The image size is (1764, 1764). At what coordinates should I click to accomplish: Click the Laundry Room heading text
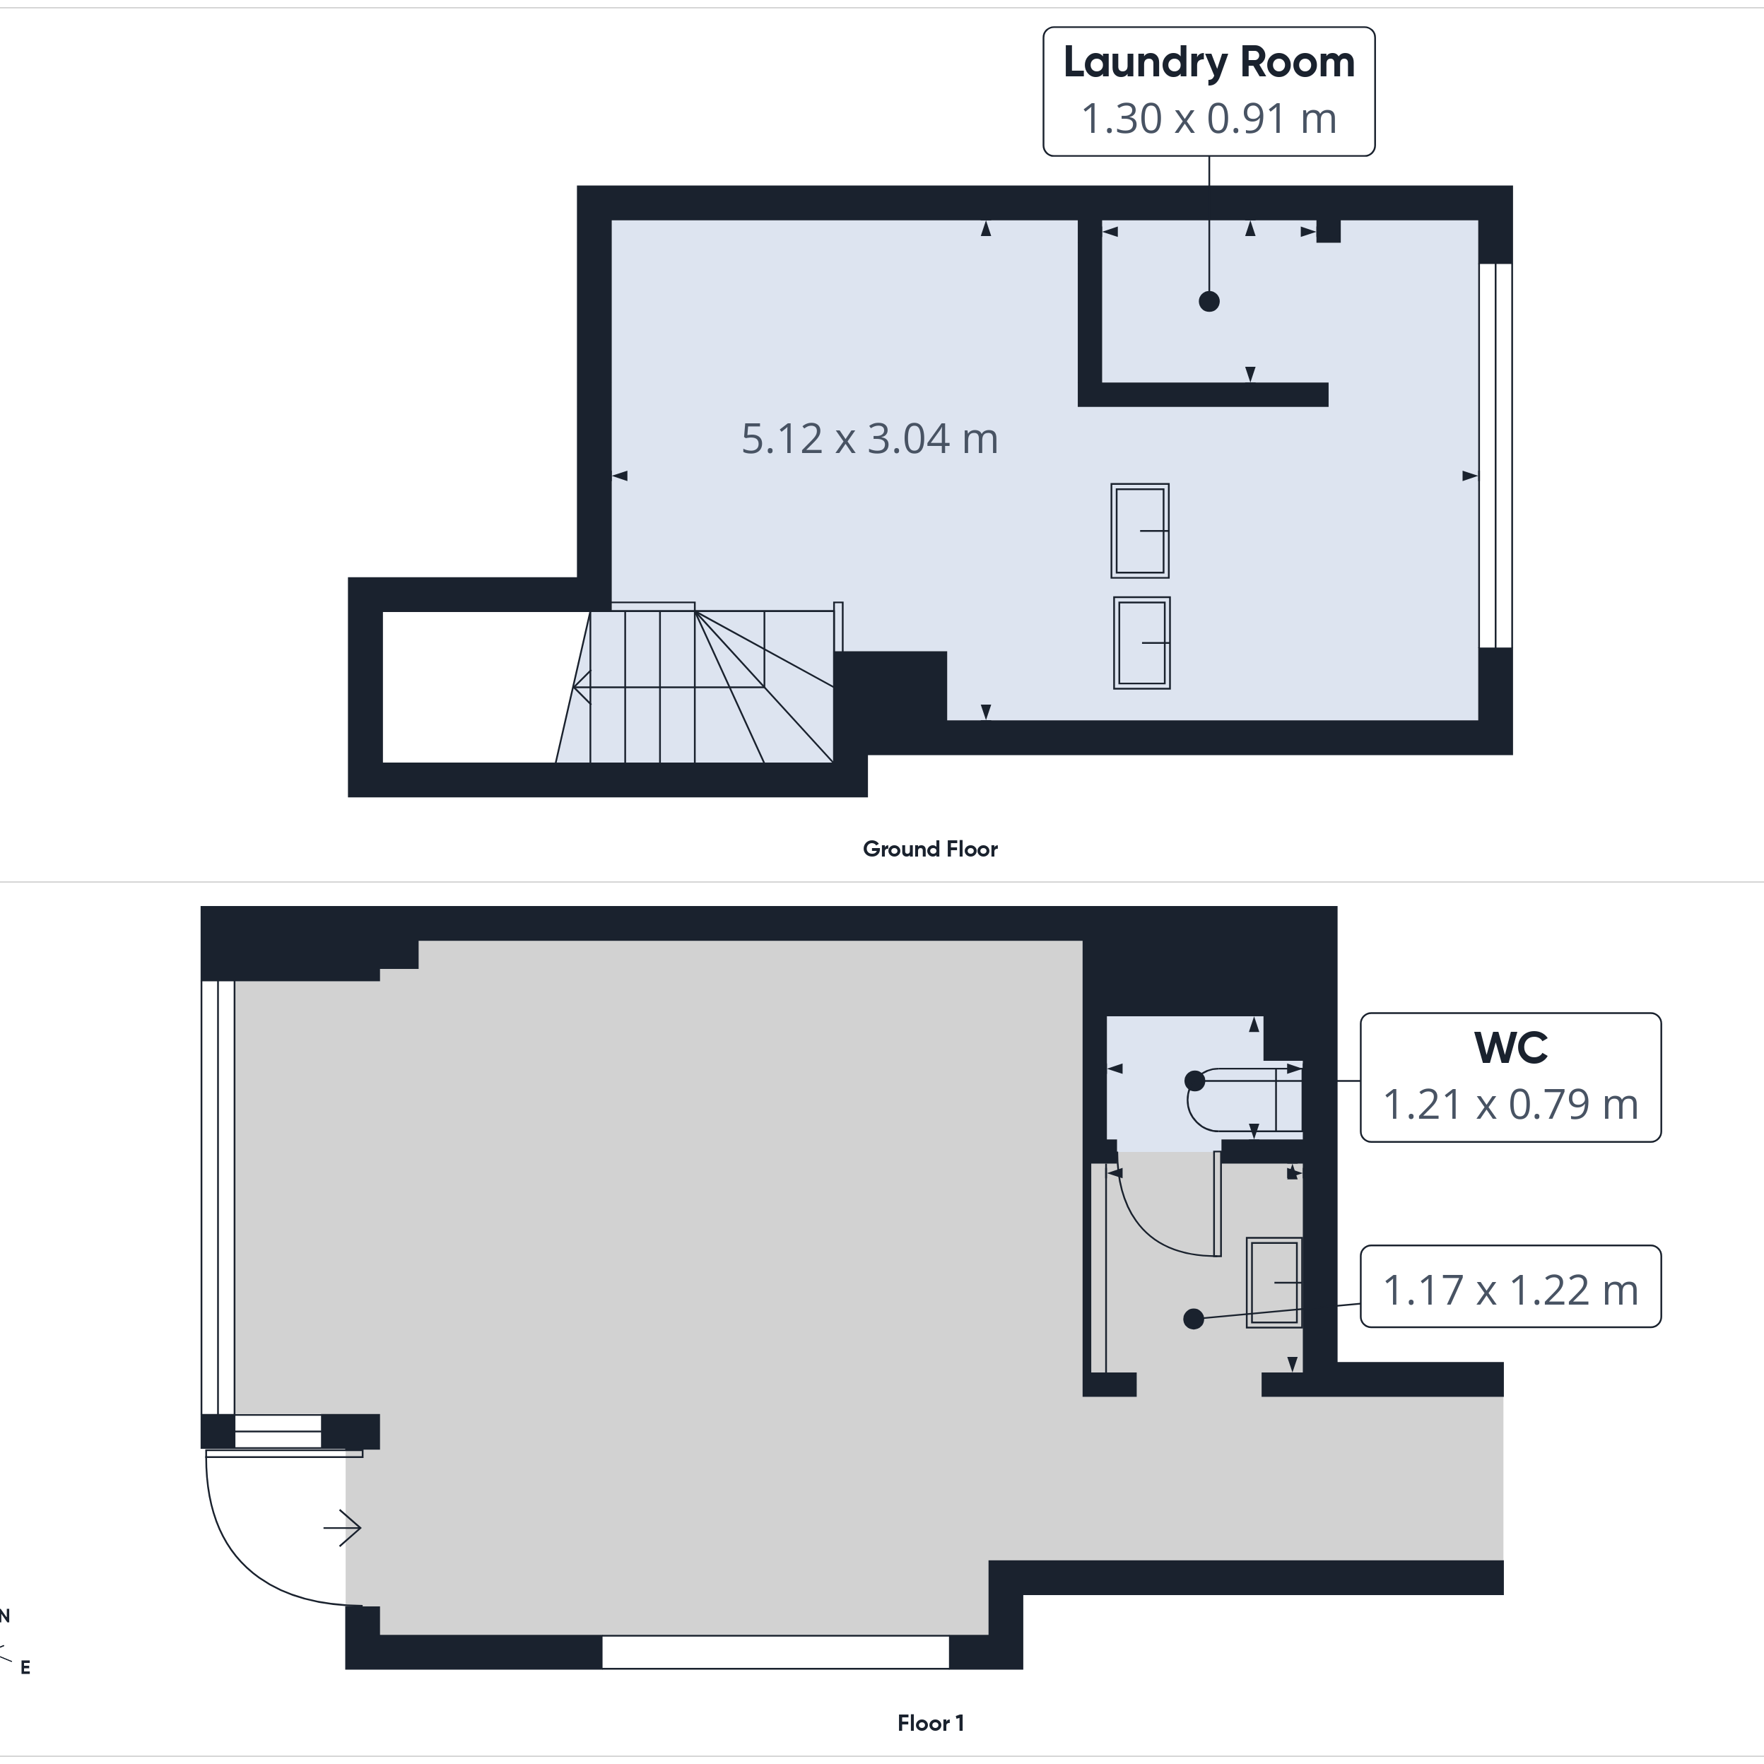tap(1209, 63)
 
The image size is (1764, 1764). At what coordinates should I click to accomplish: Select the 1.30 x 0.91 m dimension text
tap(1209, 119)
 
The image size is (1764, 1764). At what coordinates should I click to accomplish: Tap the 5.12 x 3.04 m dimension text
tap(869, 439)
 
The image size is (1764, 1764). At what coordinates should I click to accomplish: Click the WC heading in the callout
tap(1511, 1048)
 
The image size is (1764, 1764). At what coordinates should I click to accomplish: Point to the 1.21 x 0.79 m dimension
tap(1511, 1105)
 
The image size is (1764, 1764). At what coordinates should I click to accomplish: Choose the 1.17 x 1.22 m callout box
tap(1511, 1286)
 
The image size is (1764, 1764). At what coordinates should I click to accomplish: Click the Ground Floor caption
tap(930, 849)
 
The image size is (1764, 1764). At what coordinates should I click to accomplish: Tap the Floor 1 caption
tap(930, 1723)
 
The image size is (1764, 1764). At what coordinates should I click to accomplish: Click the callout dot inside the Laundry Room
tap(1209, 301)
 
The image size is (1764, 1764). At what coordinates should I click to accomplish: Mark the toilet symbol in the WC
tap(1245, 1099)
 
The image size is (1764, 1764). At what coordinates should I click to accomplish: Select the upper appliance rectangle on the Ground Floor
tap(1139, 531)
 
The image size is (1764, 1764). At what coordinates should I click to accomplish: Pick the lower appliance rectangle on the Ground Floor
tap(1141, 643)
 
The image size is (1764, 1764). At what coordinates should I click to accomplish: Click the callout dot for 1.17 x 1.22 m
tap(1194, 1319)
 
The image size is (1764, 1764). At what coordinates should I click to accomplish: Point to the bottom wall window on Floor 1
tap(775, 1652)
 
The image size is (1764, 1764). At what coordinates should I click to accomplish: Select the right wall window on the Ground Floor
tap(1495, 456)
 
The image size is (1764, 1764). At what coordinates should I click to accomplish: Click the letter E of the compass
tap(25, 1668)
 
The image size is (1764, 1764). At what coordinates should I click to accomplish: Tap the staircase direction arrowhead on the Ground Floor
tap(582, 687)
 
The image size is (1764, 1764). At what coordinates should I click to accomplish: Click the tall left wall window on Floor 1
tap(218, 1198)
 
